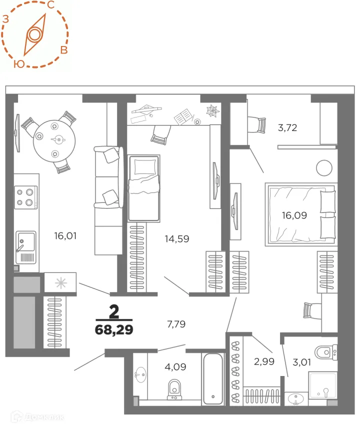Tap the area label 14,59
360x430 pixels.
point(177,238)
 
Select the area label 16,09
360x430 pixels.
point(294,216)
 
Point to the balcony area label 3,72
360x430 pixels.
point(287,127)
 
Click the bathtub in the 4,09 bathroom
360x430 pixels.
point(213,378)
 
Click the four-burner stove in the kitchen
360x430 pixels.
point(26,196)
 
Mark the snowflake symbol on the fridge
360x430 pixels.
point(60,282)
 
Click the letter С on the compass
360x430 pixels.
point(51,5)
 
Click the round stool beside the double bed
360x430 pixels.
point(324,166)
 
